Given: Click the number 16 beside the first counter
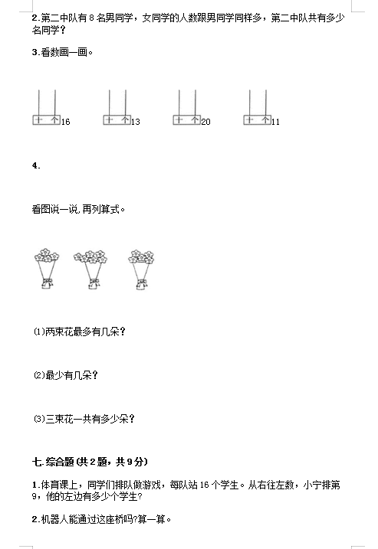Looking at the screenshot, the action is [x=66, y=122].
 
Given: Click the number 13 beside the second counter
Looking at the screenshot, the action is [x=136, y=122].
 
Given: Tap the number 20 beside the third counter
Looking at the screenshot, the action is [x=205, y=122].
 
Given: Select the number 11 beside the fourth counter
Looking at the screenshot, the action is [x=275, y=122].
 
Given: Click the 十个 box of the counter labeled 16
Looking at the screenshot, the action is [x=46, y=119].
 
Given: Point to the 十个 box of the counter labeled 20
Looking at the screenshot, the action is [x=186, y=119].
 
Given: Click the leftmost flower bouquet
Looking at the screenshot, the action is [x=47, y=269].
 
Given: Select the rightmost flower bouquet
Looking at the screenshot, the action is [x=141, y=270].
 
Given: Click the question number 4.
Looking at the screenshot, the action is [x=36, y=165].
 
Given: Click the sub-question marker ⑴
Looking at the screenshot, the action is [x=39, y=332].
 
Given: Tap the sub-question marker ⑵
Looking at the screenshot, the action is [x=39, y=375].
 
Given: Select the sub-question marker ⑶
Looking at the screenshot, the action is [x=39, y=418].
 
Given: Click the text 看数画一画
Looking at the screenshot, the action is [x=64, y=53].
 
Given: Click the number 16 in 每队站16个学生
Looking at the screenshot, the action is [x=205, y=485].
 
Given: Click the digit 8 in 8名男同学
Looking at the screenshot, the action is [x=92, y=18].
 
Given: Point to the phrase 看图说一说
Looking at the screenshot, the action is [x=54, y=209].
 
